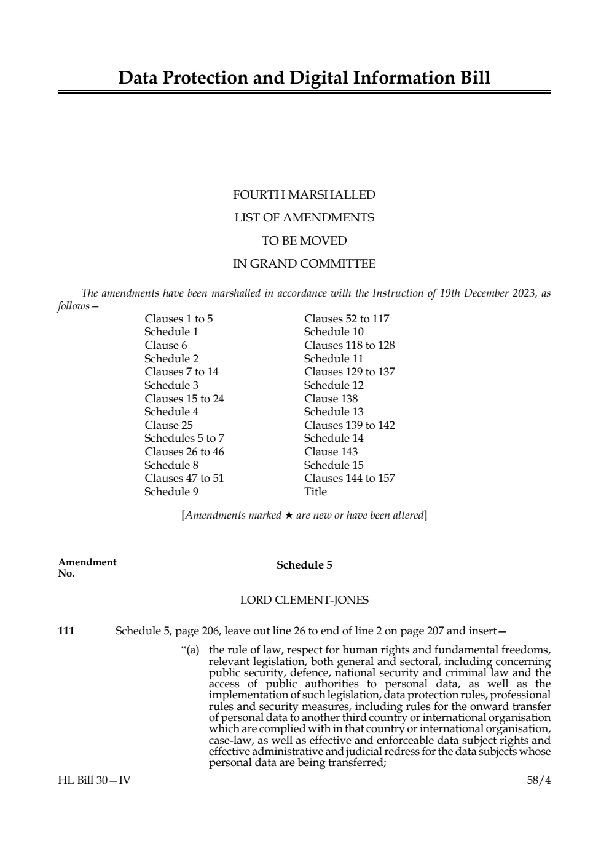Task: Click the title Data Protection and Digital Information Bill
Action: tap(304, 78)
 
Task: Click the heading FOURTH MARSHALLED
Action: tap(304, 195)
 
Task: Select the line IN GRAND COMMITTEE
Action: tap(304, 264)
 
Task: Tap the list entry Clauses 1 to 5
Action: tap(178, 319)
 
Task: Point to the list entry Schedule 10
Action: tap(333, 332)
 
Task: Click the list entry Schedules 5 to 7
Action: tap(184, 438)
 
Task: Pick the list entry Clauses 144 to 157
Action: tap(349, 478)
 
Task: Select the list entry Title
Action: tap(315, 492)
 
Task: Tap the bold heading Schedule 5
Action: tap(304, 565)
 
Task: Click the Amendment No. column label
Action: tap(87, 567)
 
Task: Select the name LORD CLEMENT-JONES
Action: tap(304, 599)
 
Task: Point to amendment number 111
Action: tap(66, 631)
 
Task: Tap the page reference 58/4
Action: tap(538, 780)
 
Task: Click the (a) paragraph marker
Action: tap(190, 650)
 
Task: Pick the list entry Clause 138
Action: tap(331, 399)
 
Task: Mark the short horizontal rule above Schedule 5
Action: tap(302, 548)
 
